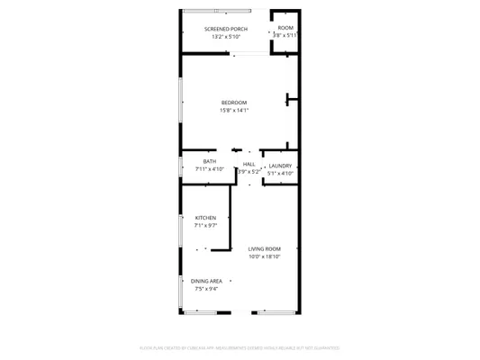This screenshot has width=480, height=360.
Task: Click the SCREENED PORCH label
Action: [x=226, y=29]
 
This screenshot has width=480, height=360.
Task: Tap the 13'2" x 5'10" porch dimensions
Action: [x=226, y=37]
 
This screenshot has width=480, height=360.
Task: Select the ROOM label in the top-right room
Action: [x=285, y=28]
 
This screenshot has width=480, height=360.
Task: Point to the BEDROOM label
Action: [x=234, y=103]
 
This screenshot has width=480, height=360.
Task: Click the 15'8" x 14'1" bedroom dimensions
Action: [x=234, y=111]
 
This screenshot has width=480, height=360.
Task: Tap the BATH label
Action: [x=209, y=161]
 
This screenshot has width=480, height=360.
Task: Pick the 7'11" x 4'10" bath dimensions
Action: [x=209, y=169]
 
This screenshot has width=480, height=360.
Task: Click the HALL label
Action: [x=249, y=164]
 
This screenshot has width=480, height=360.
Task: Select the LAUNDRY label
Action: [x=280, y=166]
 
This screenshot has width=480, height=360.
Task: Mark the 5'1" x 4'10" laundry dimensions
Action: [x=280, y=173]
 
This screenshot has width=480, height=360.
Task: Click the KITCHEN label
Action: [x=206, y=218]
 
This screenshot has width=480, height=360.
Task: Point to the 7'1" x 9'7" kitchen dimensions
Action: [x=206, y=225]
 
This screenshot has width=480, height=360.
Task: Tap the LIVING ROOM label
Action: [x=265, y=248]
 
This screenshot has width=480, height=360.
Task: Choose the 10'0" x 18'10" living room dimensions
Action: [x=265, y=256]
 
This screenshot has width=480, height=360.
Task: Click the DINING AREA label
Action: [x=206, y=282]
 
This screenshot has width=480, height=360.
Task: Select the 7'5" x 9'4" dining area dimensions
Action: [x=206, y=289]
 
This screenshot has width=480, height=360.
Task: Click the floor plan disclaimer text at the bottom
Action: [x=240, y=347]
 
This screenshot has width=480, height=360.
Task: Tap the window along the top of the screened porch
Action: [x=218, y=11]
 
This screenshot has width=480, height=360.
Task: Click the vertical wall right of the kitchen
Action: [x=231, y=216]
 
